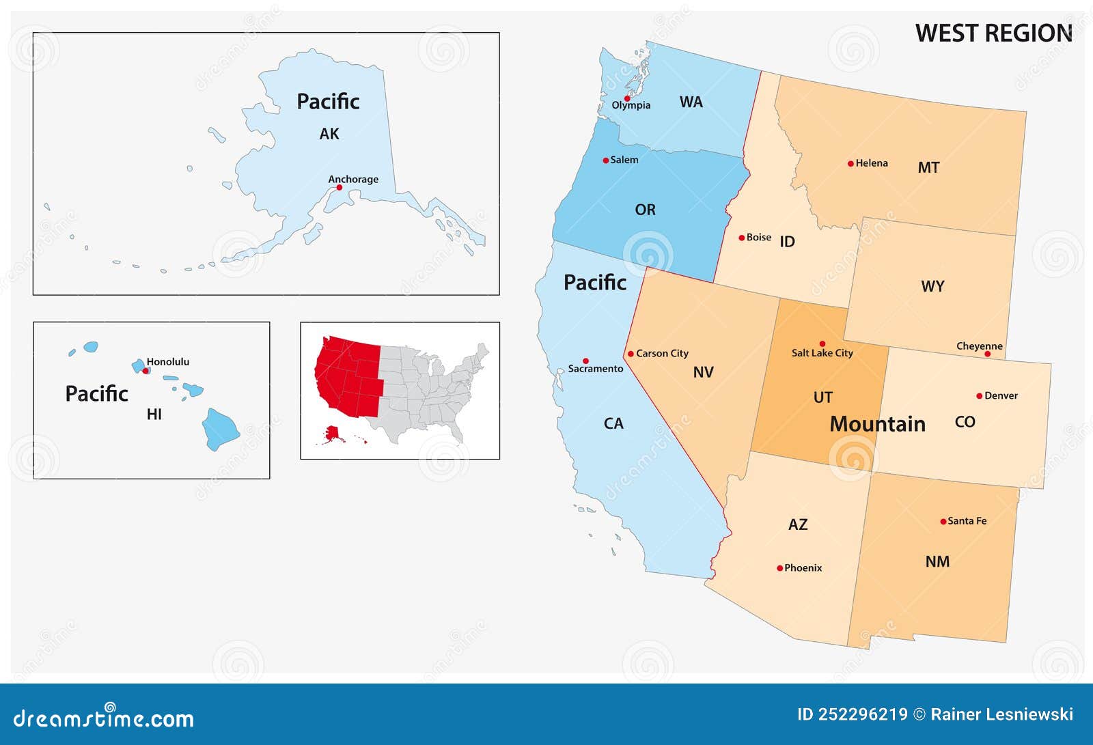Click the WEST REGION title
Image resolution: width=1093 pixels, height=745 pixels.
point(993,33)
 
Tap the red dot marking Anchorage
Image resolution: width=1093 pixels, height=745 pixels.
point(339,187)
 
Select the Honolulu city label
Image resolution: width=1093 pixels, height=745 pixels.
point(168,362)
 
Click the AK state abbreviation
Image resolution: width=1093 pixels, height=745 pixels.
point(329,134)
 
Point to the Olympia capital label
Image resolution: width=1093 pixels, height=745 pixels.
point(631,105)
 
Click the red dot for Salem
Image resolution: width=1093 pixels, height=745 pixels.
point(605,160)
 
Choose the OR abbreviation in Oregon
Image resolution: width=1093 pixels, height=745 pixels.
point(645,210)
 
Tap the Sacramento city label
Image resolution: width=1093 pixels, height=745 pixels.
point(596,369)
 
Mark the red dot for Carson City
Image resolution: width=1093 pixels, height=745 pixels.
point(631,354)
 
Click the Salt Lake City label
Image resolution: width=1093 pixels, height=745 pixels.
point(822,353)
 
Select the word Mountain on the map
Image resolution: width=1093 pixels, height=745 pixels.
point(877,424)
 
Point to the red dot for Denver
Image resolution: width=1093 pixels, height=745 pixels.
point(979,396)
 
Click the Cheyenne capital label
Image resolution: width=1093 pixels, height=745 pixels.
point(979,346)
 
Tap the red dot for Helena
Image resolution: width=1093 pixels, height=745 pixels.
point(850,164)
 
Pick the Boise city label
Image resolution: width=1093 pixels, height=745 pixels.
point(759,238)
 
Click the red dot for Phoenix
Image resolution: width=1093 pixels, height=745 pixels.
point(779,568)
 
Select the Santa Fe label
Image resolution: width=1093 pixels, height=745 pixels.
point(967,521)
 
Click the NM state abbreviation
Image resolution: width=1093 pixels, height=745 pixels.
point(937,562)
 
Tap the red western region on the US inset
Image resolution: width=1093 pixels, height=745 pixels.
point(348,376)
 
